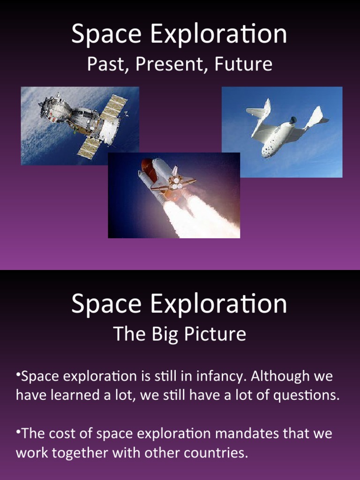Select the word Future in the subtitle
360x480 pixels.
point(243,65)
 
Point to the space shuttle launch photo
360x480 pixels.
point(174,195)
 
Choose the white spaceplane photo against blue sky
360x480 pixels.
point(282,132)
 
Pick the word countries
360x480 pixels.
point(218,453)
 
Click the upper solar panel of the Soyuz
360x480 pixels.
point(114,106)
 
